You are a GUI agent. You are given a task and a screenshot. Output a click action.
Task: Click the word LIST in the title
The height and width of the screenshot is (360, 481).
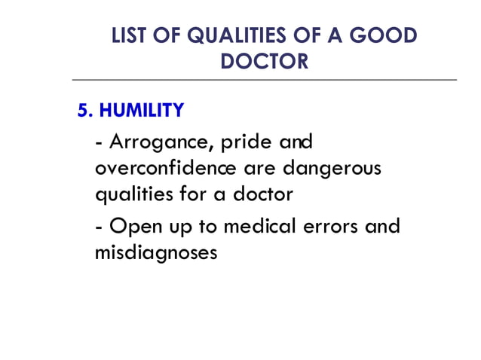[x=129, y=36]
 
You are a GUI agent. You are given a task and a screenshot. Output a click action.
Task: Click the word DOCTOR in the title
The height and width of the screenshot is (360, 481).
[x=264, y=61]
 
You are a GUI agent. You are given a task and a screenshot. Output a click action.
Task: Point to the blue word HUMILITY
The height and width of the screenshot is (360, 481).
[x=142, y=111]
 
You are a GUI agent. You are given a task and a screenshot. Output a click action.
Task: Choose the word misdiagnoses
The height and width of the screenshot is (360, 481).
[x=157, y=252]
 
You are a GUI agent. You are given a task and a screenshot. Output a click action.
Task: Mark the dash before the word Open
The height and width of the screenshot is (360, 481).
[x=100, y=227]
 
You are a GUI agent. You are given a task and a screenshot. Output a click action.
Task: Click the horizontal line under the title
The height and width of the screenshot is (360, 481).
[x=264, y=79]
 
